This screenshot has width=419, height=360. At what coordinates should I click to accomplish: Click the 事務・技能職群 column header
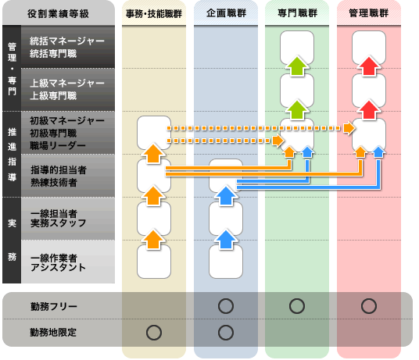pos(154,13)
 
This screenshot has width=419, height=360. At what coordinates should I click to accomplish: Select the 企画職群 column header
pos(226,13)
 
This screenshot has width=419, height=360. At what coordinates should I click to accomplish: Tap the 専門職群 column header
pos(297,13)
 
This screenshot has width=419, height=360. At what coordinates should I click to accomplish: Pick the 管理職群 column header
pos(369,13)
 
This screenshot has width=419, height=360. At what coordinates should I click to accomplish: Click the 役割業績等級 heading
pos(58,13)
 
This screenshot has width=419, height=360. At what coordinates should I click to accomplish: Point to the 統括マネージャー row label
pos(66,41)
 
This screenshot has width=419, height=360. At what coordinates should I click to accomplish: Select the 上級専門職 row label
pos(53,95)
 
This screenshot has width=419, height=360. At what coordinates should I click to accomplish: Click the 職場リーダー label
pos(58,145)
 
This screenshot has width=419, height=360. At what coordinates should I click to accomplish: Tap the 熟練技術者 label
pos(54,182)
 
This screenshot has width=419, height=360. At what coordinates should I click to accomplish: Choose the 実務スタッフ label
pos(59,223)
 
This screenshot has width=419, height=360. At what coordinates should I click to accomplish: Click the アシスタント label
pos(58,267)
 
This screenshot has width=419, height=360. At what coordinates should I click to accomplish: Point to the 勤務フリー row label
pos(54,306)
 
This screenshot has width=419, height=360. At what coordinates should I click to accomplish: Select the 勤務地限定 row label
pos(53,333)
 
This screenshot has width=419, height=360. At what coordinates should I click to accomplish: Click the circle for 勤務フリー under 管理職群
pos(369,306)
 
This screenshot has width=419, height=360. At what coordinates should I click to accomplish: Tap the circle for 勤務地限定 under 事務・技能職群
pos(154,333)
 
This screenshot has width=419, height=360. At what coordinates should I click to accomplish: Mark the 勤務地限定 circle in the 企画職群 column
pos(226,333)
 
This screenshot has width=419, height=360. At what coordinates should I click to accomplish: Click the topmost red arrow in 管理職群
pos(369,66)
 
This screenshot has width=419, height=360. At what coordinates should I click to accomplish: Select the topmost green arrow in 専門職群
pos(297,66)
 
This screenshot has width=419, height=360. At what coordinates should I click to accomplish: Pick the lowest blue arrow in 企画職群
pos(226,239)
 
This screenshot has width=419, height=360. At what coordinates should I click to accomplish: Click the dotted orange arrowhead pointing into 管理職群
pos(349,128)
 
